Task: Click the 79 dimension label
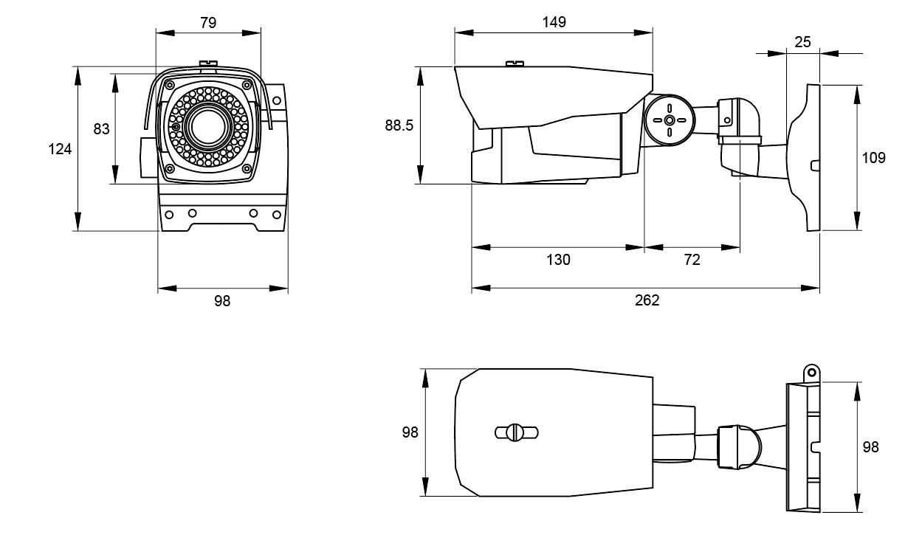point(208,23)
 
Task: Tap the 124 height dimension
point(60,149)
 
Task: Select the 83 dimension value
point(101,129)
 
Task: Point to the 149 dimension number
point(554,22)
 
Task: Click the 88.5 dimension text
point(399,125)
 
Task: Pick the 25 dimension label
point(802,42)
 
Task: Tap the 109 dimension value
point(873,158)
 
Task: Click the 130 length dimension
point(558,260)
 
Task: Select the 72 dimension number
point(692,260)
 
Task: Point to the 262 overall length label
point(647,300)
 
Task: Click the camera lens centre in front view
point(208,126)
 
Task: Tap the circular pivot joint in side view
point(670,120)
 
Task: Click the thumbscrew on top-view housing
point(516,432)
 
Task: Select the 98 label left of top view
point(410,432)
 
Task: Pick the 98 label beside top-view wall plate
point(870,447)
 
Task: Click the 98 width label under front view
point(222,301)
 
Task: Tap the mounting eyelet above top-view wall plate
point(812,373)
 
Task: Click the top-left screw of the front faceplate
point(169,85)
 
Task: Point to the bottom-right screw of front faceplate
point(247,168)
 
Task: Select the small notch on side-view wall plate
point(815,165)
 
